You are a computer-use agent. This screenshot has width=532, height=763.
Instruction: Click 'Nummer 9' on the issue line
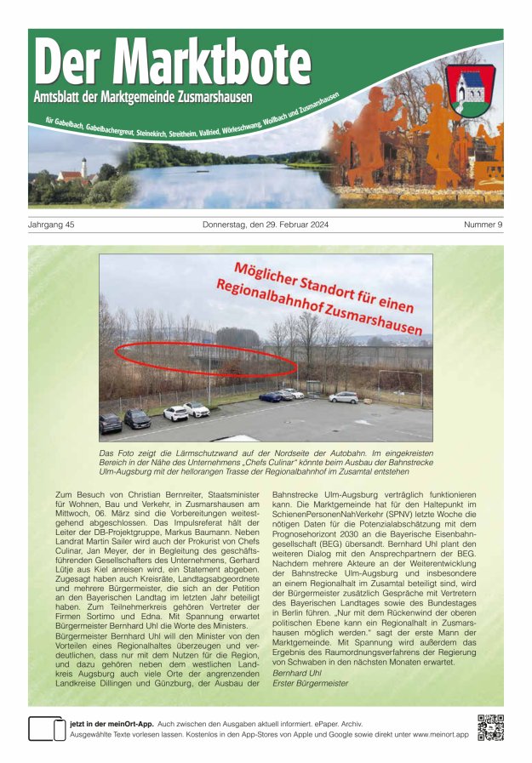click(x=483, y=225)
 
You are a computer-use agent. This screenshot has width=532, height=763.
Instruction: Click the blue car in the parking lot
click(x=271, y=396)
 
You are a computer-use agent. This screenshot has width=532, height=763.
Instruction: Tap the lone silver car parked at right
click(x=344, y=397)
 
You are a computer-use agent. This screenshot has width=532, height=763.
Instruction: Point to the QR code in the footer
click(x=489, y=728)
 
